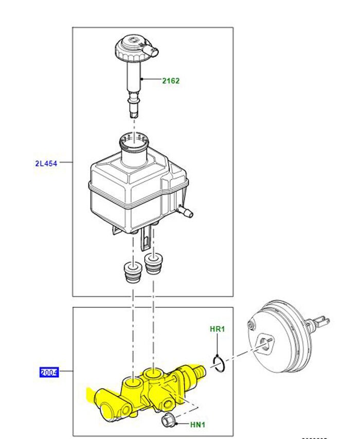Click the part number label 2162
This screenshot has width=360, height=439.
pyautogui.click(x=171, y=81)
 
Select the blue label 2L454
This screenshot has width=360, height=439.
pyautogui.click(x=46, y=163)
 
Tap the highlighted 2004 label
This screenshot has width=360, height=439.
pyautogui.click(x=49, y=372)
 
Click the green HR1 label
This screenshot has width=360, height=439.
pyautogui.click(x=218, y=329)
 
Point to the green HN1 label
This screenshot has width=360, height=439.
pyautogui.click(x=197, y=425)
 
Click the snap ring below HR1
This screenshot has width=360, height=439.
pyautogui.click(x=218, y=364)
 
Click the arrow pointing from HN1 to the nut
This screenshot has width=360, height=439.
pyautogui.click(x=181, y=424)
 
